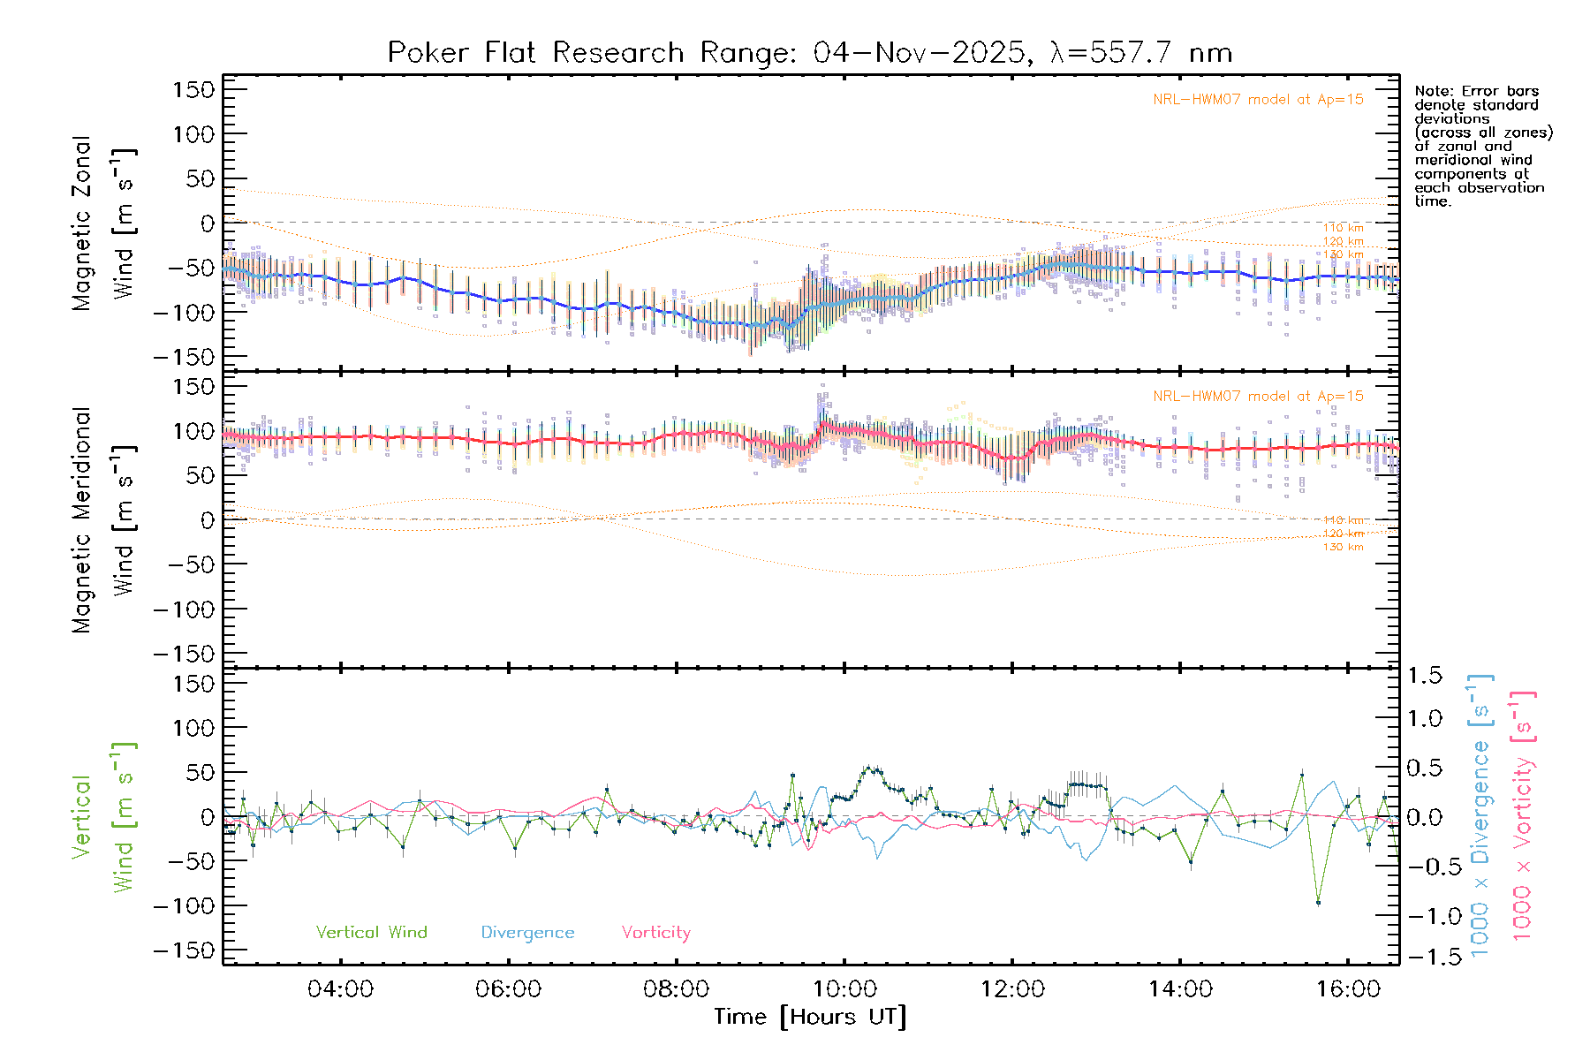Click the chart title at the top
(809, 53)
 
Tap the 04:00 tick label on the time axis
(340, 988)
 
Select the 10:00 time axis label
(844, 988)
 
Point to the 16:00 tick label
(1348, 988)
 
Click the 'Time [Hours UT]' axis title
(809, 1017)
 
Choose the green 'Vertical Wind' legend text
(371, 932)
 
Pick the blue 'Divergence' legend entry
(527, 932)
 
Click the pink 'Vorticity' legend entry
(655, 932)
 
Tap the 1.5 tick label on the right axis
(1425, 676)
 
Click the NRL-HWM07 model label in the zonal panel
(1258, 100)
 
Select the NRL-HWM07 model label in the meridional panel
(1258, 396)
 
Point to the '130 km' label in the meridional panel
(1343, 548)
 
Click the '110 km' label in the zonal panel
(1343, 228)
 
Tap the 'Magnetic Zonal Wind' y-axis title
(104, 223)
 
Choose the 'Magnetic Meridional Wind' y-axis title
(104, 520)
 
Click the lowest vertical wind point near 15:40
(1318, 903)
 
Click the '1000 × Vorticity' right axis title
(1524, 814)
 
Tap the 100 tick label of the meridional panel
(194, 431)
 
